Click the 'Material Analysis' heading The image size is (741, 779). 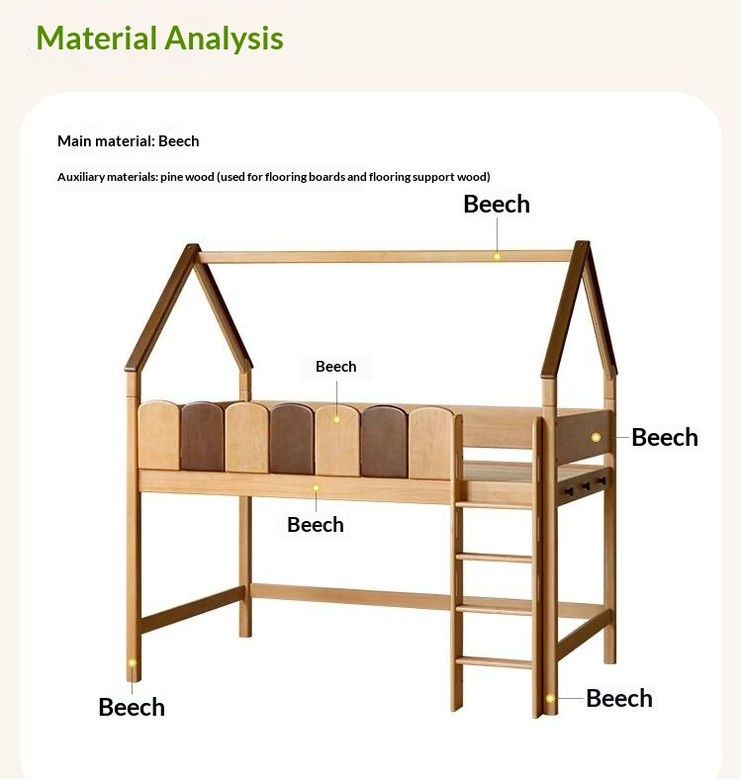[x=159, y=39]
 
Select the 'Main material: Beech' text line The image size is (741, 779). [x=128, y=141]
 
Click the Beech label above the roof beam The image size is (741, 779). [x=497, y=204]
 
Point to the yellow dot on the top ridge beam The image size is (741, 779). [x=498, y=256]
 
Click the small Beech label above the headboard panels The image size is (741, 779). [x=335, y=367]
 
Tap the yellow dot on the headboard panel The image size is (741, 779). [x=336, y=419]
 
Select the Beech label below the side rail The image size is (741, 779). [x=316, y=524]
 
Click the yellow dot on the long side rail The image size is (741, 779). [x=317, y=486]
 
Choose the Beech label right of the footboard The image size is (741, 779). [x=665, y=437]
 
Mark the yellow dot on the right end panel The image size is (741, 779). [x=596, y=436]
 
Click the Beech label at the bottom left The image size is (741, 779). [x=132, y=707]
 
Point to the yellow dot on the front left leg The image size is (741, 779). [x=132, y=663]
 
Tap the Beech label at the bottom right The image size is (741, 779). [x=619, y=698]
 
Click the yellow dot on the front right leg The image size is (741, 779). [x=550, y=698]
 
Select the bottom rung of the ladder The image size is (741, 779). [x=494, y=661]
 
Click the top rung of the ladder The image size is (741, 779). [x=494, y=504]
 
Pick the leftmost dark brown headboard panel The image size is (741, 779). [x=202, y=435]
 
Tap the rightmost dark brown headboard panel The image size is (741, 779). [x=384, y=440]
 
